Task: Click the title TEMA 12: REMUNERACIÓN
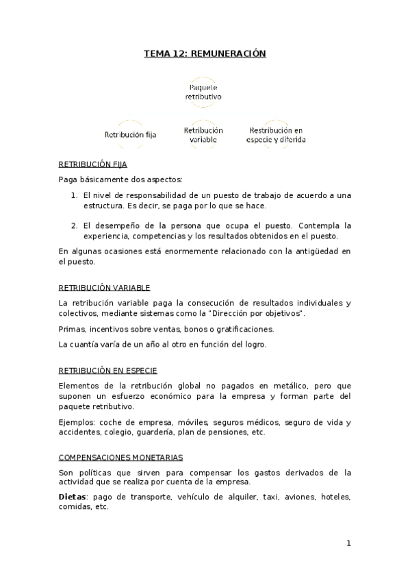(205, 53)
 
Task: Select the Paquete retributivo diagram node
(203, 92)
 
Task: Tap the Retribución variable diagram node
(203, 134)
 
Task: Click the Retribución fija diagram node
(130, 135)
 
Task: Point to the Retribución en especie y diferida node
(276, 134)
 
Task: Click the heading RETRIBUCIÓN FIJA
(92, 165)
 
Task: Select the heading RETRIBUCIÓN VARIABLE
(104, 288)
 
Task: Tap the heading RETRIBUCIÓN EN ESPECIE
(108, 370)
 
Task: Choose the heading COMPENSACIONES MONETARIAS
(120, 457)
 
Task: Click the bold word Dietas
(73, 496)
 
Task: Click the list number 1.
(75, 195)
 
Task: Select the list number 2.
(75, 225)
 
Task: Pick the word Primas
(72, 329)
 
